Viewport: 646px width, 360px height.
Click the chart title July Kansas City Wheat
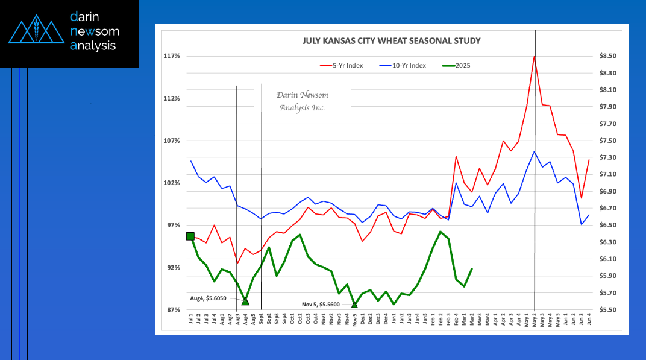coord(391,41)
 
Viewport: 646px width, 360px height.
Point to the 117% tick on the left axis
coord(172,56)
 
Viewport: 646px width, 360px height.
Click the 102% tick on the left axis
coord(172,183)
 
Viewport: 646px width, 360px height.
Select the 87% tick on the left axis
coord(172,310)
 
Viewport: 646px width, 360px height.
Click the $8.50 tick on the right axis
coord(607,56)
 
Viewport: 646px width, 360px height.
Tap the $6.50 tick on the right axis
coord(607,225)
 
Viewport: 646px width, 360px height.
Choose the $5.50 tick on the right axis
coord(607,310)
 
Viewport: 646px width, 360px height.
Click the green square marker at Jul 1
coord(190,236)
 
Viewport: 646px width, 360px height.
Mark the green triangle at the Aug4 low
coord(245,300)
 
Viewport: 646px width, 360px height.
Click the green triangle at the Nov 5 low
coord(354,305)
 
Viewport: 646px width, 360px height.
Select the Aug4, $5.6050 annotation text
coord(208,298)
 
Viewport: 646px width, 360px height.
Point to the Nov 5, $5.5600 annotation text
coord(321,305)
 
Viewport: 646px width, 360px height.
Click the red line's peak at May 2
coord(535,57)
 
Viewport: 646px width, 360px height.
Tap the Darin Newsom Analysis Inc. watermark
coord(303,101)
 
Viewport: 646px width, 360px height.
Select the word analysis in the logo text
coord(93,46)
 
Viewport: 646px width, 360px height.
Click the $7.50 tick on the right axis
coord(607,141)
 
